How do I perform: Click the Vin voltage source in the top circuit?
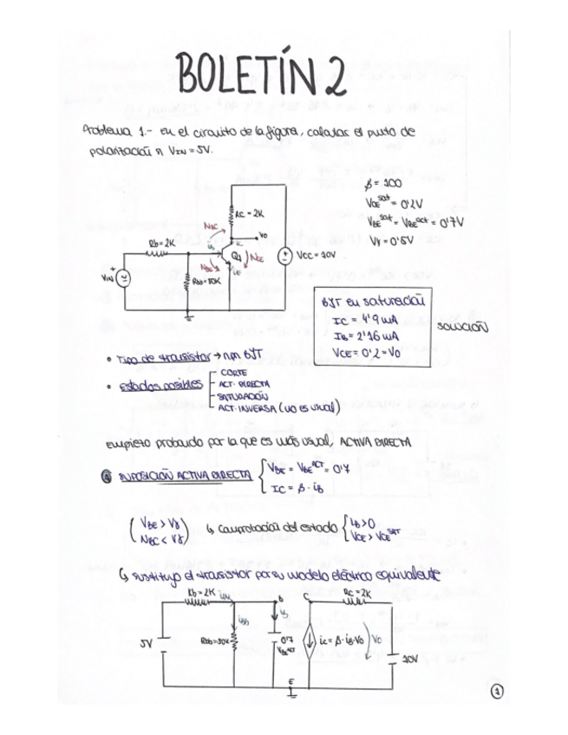pos(124,277)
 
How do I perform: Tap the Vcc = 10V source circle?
pos(284,257)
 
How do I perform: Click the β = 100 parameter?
pos(381,185)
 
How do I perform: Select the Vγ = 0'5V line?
pos(388,239)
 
